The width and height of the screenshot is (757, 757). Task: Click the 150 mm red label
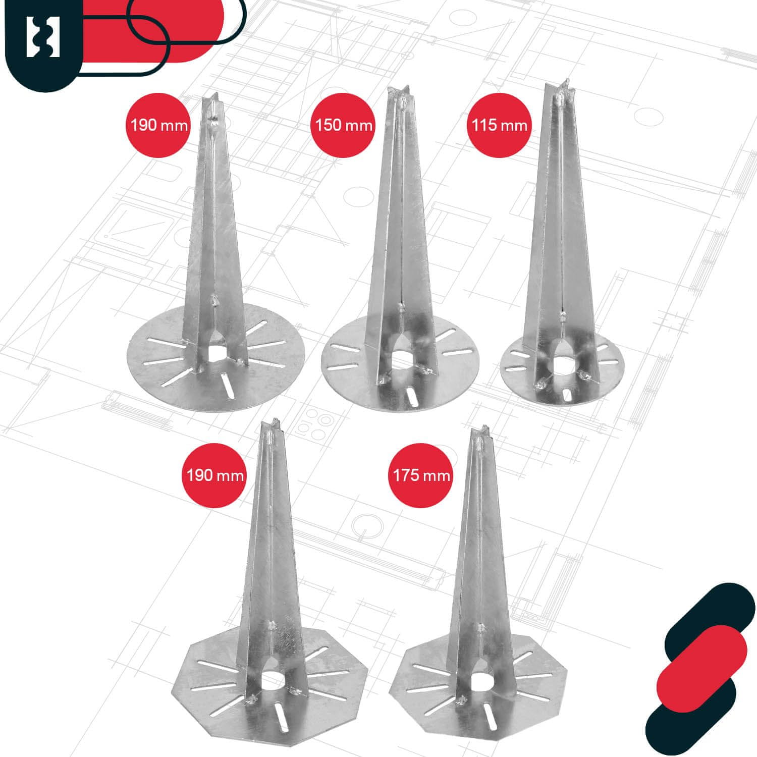pos(343,125)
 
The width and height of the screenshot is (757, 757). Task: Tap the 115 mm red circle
pos(500,125)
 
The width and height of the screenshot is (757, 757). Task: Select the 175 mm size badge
pos(421,475)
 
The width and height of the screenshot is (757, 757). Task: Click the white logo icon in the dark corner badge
pos(43,37)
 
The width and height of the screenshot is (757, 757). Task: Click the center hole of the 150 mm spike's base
pos(402,362)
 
